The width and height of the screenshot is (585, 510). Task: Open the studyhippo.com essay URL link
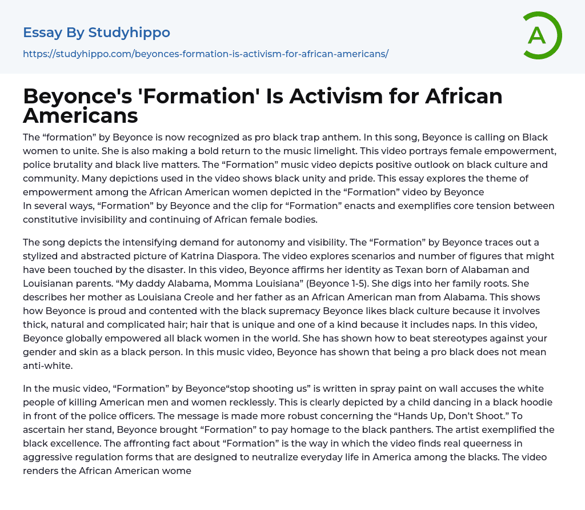pos(206,54)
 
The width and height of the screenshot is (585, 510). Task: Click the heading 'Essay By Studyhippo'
pos(97,33)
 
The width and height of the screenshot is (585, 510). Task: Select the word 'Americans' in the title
pos(81,115)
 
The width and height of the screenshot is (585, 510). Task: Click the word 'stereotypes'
pos(427,338)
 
